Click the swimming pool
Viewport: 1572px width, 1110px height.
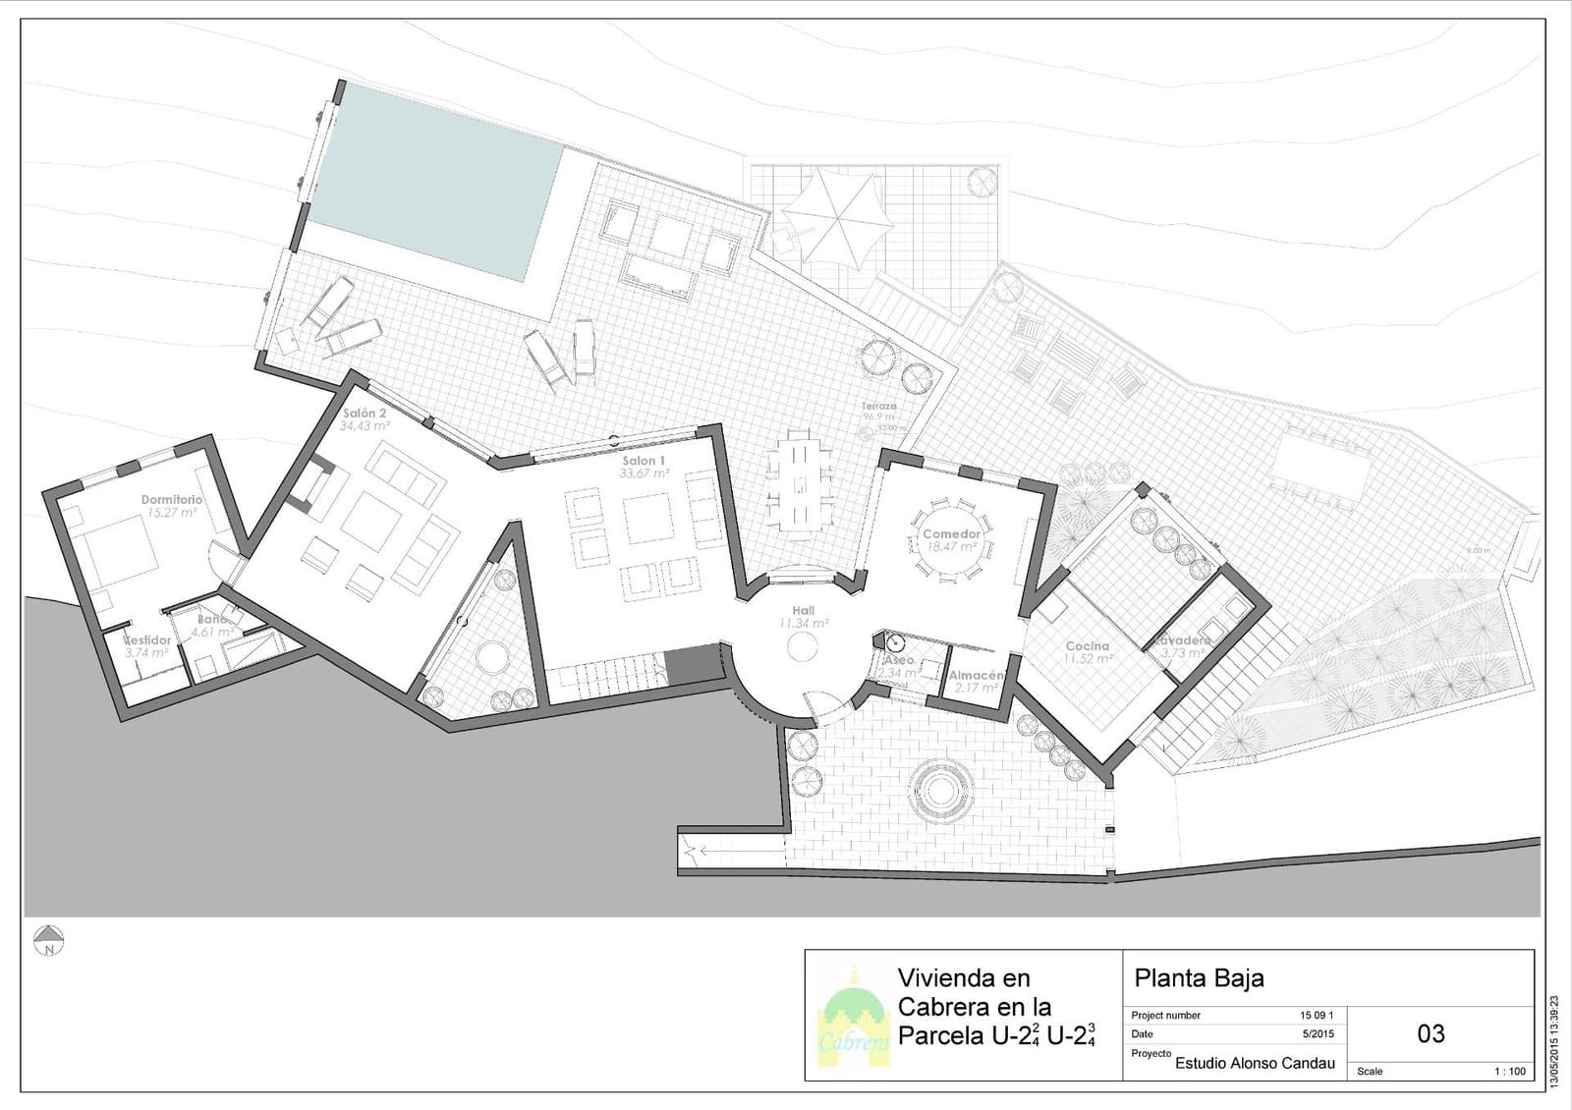coord(432,182)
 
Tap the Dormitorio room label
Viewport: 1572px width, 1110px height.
coord(171,500)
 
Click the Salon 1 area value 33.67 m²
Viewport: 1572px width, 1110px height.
coord(644,473)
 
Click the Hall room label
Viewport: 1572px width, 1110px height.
coord(803,611)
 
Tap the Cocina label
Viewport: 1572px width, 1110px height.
coord(1087,646)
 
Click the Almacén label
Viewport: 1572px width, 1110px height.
coord(975,676)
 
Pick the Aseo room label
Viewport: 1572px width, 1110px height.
coord(898,661)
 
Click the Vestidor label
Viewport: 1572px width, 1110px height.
coord(146,640)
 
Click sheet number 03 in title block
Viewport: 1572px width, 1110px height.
coord(1431,1033)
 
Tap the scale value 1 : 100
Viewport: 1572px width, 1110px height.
coord(1510,1071)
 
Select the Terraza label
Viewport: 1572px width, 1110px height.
coord(879,406)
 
